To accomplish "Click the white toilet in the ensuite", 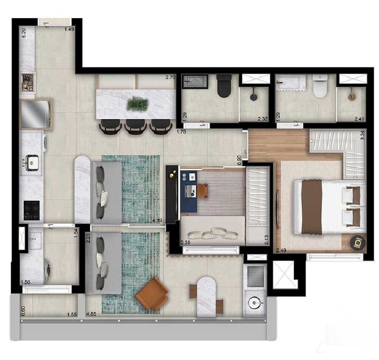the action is click(x=320, y=86).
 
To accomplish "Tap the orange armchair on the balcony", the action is click(x=152, y=294).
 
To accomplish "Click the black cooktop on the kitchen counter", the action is click(x=32, y=210).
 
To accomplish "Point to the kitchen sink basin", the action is click(x=32, y=163).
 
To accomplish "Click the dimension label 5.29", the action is click(x=24, y=33).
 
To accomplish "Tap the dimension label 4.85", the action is click(x=91, y=314).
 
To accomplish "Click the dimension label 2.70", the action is click(x=171, y=78).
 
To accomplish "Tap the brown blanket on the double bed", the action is click(x=312, y=207).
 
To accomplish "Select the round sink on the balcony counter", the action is click(x=255, y=302).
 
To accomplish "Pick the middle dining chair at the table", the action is click(x=135, y=127).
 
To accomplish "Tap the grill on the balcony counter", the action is click(x=255, y=276).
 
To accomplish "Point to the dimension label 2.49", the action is click(x=281, y=250).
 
